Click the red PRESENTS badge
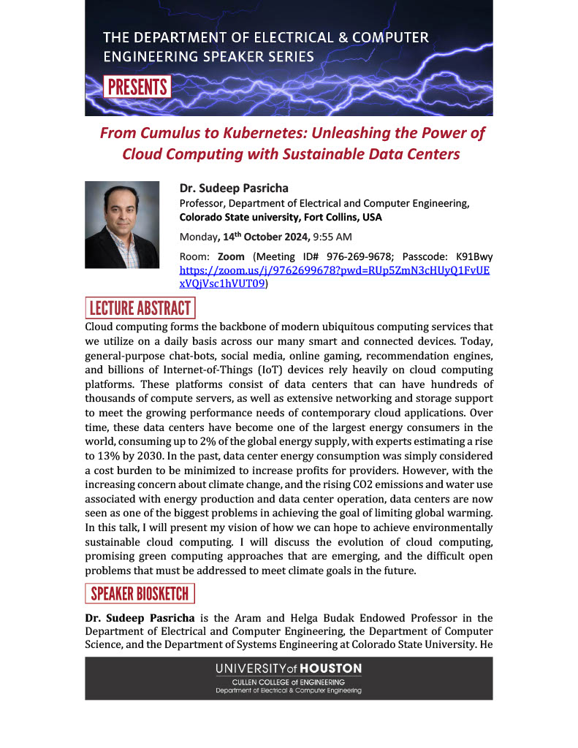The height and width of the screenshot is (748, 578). tap(137, 87)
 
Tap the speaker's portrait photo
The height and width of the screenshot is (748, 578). tap(122, 224)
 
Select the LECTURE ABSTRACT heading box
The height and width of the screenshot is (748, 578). tap(140, 308)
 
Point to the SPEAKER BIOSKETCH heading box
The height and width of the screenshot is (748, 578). tap(140, 593)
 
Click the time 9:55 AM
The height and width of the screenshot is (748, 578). tap(332, 237)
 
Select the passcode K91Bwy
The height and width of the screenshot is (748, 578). tap(474, 257)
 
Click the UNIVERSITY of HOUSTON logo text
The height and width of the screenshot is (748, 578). tap(288, 668)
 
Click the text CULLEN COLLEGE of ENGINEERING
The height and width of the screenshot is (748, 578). tap(289, 682)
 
